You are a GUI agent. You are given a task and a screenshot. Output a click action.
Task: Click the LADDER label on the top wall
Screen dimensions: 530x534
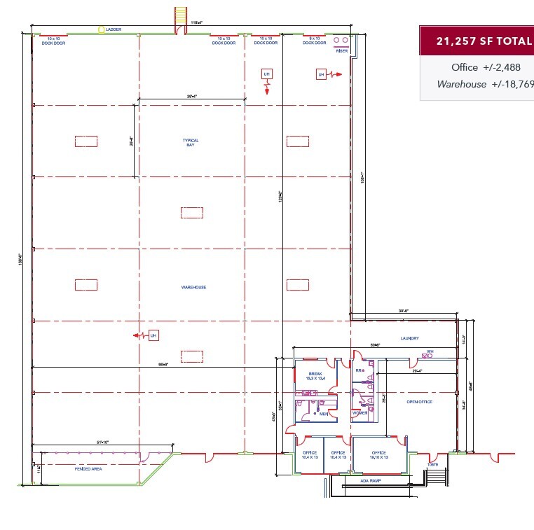(x=114, y=29)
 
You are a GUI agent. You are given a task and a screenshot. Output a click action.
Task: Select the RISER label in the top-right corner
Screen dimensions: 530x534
(x=341, y=50)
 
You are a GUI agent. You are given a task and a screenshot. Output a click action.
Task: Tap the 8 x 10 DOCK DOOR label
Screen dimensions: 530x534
(x=315, y=41)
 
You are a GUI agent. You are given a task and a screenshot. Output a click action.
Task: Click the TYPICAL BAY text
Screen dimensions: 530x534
(x=191, y=142)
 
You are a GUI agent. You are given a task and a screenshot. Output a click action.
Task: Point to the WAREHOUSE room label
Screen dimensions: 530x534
(x=194, y=287)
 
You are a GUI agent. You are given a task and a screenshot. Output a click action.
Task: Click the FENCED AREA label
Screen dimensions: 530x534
(x=88, y=468)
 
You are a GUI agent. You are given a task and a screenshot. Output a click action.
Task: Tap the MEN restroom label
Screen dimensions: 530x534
(x=324, y=414)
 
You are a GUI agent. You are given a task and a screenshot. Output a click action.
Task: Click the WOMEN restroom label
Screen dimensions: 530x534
(x=360, y=413)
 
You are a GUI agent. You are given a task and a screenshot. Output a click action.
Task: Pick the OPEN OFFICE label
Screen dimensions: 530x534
(x=420, y=402)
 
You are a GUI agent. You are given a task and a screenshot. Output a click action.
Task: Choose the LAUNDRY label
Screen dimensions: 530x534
(x=410, y=338)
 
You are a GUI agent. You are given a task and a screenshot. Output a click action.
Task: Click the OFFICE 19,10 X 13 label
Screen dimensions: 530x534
(x=379, y=454)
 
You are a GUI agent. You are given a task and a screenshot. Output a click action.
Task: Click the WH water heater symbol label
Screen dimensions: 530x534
(x=431, y=351)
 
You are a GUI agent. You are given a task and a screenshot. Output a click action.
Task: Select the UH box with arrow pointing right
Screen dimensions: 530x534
(x=321, y=74)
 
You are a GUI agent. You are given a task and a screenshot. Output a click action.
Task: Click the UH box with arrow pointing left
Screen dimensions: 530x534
(x=153, y=336)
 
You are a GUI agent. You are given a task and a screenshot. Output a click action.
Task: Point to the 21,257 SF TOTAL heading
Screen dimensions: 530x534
(x=484, y=41)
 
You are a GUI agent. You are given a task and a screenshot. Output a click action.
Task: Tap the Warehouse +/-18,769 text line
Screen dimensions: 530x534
(x=484, y=84)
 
